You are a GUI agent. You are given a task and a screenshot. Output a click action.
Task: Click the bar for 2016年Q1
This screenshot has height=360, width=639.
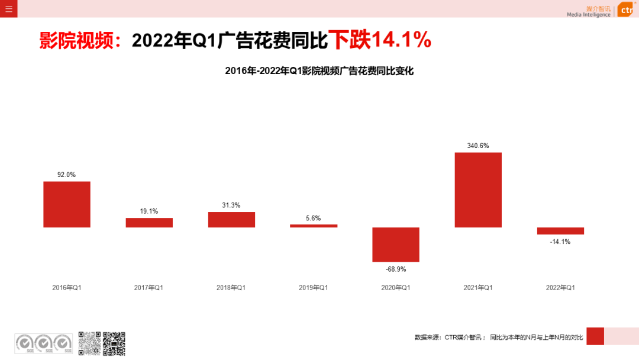coord(67,204)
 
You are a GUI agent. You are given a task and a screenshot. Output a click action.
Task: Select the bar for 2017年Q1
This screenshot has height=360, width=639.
coord(149,223)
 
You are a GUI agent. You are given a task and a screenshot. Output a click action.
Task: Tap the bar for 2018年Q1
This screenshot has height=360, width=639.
coord(231,220)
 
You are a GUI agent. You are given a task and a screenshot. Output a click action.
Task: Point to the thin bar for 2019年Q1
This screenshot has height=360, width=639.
coord(314,226)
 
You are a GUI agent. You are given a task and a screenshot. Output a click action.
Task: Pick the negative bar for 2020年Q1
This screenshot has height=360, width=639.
coord(396,245)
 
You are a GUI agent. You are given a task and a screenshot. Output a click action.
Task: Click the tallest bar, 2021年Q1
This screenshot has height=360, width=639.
coord(478,190)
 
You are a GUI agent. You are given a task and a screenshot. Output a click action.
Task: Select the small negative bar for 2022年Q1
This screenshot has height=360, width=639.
coord(560,231)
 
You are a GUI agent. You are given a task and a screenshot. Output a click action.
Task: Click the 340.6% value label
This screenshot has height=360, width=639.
coord(478,146)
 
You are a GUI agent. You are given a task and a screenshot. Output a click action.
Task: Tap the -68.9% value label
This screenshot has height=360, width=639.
coord(396,269)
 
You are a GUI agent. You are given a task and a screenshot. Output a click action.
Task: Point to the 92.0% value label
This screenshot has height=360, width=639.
coord(66,175)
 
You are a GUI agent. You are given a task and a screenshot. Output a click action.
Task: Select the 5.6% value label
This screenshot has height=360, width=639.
coord(314,218)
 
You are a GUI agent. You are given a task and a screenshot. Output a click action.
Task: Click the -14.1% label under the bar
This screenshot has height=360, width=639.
coord(560,242)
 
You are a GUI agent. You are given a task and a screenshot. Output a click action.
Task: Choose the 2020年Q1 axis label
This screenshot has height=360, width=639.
coord(396,288)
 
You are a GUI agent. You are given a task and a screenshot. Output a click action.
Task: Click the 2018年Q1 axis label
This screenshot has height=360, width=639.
coord(231,288)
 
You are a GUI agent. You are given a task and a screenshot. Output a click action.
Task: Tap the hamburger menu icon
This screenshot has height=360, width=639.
coord(8,9)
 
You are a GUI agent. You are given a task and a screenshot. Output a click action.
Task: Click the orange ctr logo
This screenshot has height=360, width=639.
coord(626,10)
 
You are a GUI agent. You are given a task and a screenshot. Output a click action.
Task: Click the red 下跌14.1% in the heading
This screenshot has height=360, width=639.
coord(380,40)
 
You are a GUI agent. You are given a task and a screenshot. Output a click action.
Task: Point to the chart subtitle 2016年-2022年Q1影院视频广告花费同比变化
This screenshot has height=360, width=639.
coord(319,71)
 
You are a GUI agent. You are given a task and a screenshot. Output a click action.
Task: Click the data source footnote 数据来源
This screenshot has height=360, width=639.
coord(499,337)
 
